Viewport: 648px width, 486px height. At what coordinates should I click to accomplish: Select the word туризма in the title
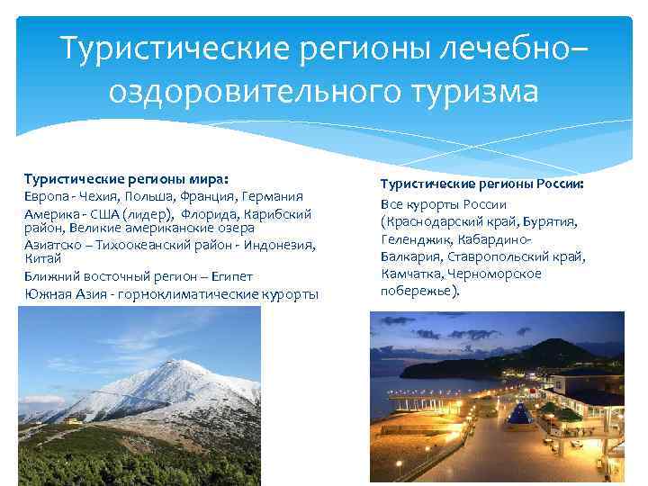click(472, 91)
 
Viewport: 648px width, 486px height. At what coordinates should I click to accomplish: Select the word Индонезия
click(281, 245)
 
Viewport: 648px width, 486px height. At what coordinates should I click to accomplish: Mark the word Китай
click(40, 259)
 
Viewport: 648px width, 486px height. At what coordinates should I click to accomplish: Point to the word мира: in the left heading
click(217, 179)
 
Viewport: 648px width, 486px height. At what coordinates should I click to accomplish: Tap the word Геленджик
click(411, 238)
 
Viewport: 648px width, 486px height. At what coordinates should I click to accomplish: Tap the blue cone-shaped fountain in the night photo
click(519, 415)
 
